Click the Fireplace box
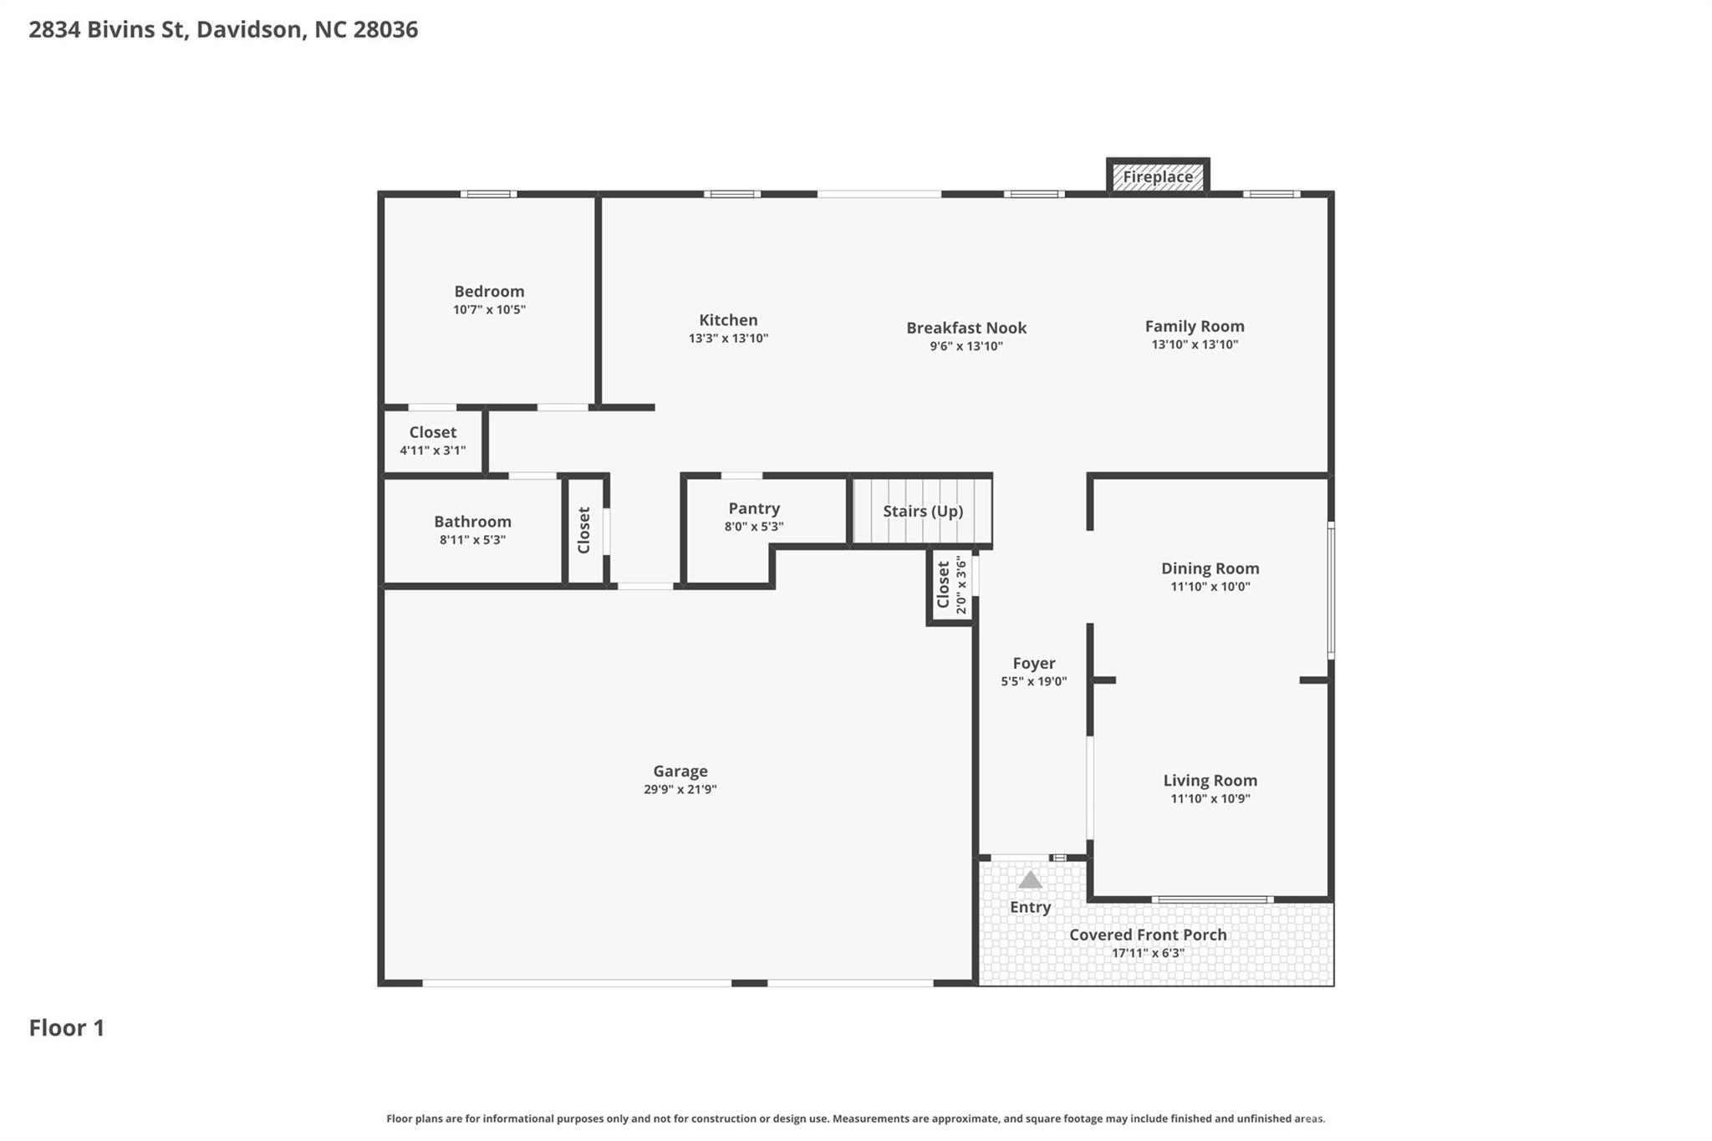click(x=1158, y=176)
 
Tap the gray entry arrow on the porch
click(x=1030, y=880)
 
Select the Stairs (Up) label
click(x=923, y=511)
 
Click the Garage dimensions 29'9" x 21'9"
click(x=680, y=789)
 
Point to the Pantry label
click(x=754, y=508)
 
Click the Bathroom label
click(x=472, y=522)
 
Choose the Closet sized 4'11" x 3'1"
click(x=432, y=441)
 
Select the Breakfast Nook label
click(x=966, y=328)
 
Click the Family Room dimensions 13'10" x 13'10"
click(x=1195, y=344)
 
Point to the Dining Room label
click(x=1210, y=568)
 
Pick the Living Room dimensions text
click(x=1210, y=798)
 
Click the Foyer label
click(x=1034, y=663)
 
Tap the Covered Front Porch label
click(x=1148, y=935)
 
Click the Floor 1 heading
click(x=67, y=1027)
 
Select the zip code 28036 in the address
click(x=385, y=30)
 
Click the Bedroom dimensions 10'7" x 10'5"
click(x=489, y=309)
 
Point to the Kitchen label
click(x=728, y=320)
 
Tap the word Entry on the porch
click(x=1030, y=907)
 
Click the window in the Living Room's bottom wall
click(x=1211, y=899)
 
